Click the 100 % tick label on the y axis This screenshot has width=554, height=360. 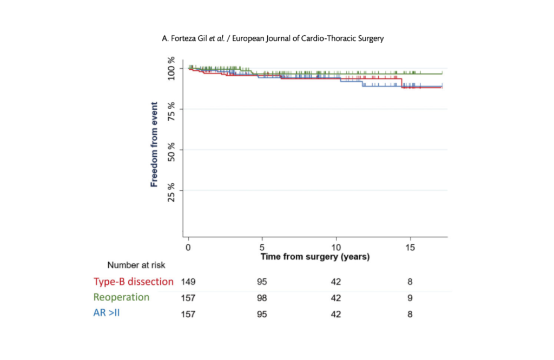[x=171, y=68]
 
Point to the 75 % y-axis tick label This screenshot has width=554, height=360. [x=171, y=111]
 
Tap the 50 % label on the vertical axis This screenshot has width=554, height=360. [x=171, y=152]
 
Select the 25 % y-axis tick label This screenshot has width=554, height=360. [x=171, y=193]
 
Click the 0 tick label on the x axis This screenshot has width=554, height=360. [x=188, y=248]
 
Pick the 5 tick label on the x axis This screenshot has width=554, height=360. [x=262, y=248]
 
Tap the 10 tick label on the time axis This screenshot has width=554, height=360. [x=336, y=248]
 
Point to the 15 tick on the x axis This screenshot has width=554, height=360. [x=410, y=248]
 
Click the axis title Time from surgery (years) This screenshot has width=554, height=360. [x=315, y=257]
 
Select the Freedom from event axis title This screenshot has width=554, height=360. [x=154, y=144]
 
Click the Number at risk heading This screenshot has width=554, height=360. [x=136, y=265]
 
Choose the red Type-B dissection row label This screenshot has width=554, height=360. [x=134, y=282]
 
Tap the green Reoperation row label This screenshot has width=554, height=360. [x=121, y=297]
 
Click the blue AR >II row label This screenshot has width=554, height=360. [x=107, y=313]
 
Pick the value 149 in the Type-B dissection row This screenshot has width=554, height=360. [x=188, y=282]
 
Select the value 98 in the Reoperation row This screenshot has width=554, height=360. [x=262, y=298]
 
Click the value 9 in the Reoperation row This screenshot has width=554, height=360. [x=410, y=298]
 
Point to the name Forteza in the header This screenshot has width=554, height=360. [x=184, y=38]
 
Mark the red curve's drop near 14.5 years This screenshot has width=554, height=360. [x=402, y=83]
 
